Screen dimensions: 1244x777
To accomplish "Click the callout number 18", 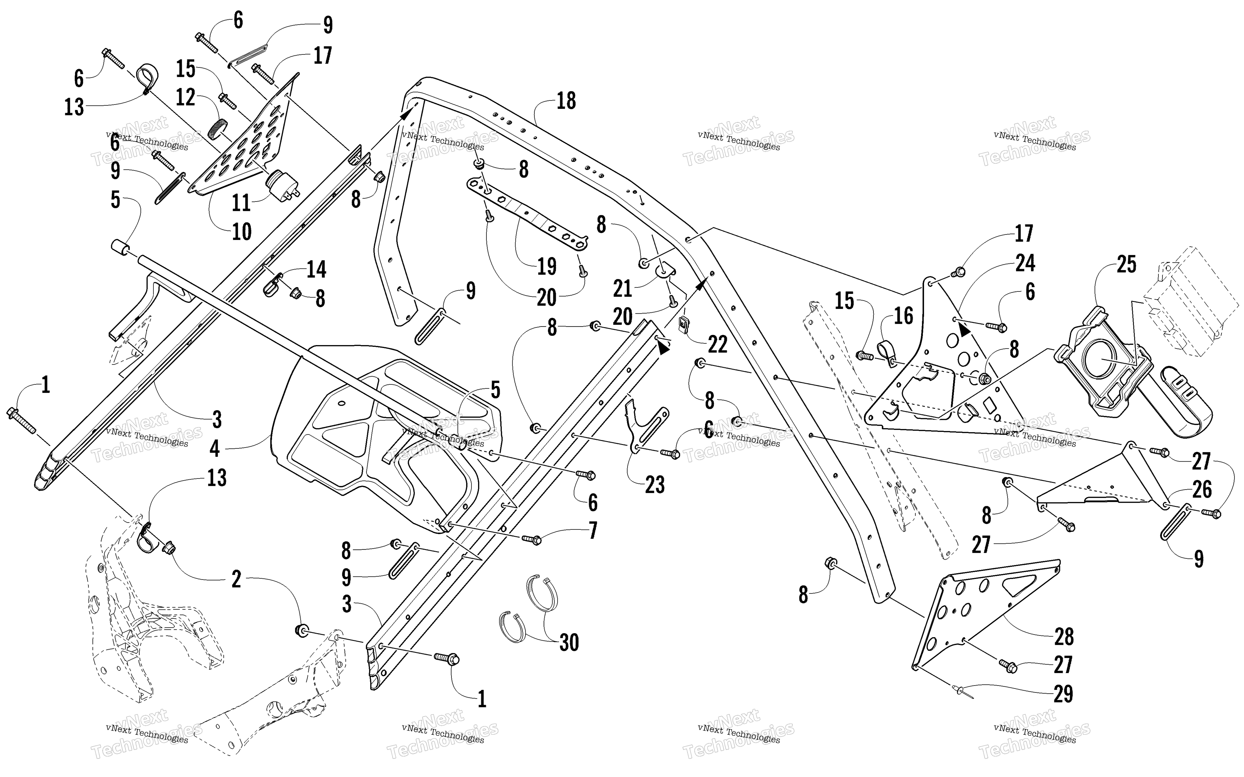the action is [566, 101].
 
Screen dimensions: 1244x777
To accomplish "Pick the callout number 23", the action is [654, 485].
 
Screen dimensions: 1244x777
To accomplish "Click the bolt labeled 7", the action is [531, 540].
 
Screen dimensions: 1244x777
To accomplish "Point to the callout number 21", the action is [622, 289].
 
